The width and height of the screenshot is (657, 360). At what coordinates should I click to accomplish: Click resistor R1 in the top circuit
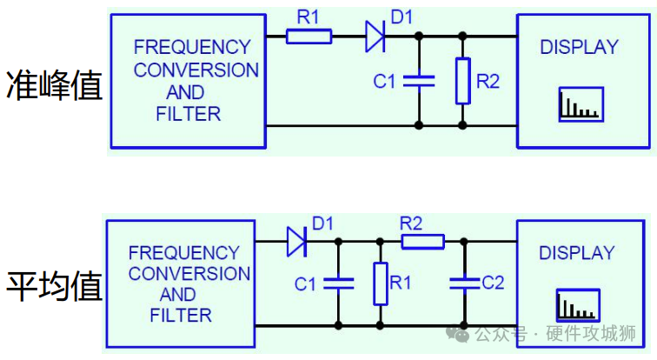(x=309, y=36)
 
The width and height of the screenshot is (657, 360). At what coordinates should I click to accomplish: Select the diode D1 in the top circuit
(x=375, y=36)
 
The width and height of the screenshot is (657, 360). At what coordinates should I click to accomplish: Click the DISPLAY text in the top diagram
(x=580, y=47)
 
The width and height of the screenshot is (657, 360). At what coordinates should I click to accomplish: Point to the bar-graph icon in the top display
(x=581, y=103)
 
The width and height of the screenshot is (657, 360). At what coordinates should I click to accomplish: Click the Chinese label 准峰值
(x=54, y=85)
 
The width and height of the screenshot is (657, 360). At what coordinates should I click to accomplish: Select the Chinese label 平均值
(x=54, y=285)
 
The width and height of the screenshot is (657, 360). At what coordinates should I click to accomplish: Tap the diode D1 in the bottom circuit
(x=297, y=242)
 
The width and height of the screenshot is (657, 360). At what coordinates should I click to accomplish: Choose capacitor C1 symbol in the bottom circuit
(x=338, y=283)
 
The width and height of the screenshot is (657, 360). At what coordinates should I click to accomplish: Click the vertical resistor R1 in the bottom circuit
(x=380, y=283)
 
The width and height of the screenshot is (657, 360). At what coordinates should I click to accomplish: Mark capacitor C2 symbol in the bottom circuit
(x=464, y=283)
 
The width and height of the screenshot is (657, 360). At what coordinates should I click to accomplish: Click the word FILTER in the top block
(x=189, y=113)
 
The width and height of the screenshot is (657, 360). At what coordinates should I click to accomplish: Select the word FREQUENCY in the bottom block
(x=184, y=253)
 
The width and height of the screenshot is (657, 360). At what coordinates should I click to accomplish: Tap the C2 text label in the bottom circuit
(x=493, y=283)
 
